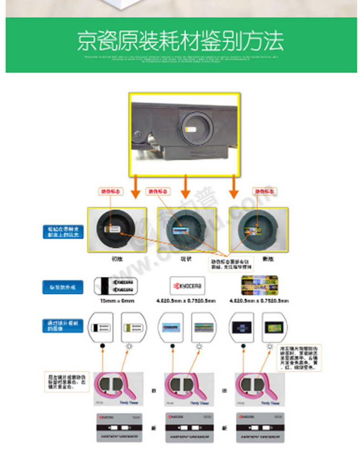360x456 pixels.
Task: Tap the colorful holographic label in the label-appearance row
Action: coord(259,286)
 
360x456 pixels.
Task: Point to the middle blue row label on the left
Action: coord(62,287)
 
